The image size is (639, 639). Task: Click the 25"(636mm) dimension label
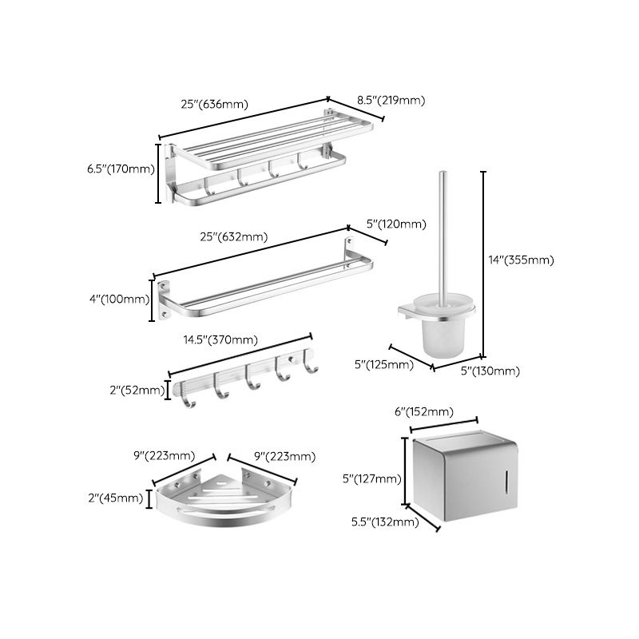(215, 104)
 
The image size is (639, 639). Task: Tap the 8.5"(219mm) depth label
(390, 101)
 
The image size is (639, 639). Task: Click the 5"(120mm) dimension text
(396, 224)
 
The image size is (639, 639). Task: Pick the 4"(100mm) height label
(119, 300)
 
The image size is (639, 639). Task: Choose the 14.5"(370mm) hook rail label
(221, 340)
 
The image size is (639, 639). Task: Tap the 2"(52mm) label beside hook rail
(132, 391)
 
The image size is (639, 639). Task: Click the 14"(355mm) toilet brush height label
(520, 260)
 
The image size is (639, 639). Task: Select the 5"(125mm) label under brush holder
(384, 365)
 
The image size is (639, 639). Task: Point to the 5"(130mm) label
(491, 371)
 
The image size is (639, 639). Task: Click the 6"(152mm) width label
(424, 412)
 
